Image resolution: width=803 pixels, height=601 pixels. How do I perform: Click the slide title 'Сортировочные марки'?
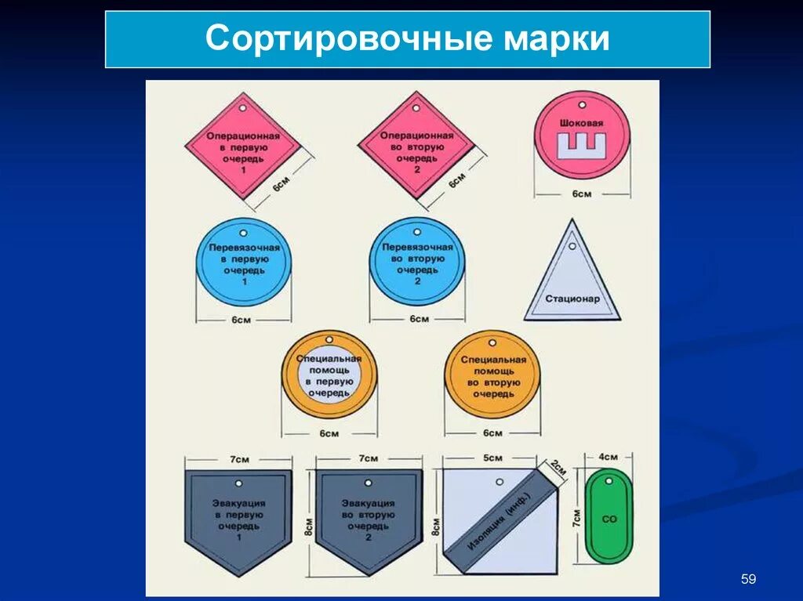pos(407,39)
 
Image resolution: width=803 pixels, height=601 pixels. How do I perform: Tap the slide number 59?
pos(748,579)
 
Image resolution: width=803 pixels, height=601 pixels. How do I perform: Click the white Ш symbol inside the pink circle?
pos(582,146)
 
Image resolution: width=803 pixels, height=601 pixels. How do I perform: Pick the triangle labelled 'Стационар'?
pos(572,282)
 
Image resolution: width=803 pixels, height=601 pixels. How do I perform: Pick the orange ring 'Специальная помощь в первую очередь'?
pos(329,376)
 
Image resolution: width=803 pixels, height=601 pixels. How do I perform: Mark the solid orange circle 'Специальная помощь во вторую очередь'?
pos(492,376)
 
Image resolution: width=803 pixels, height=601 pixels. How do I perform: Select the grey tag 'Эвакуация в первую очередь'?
pos(238,517)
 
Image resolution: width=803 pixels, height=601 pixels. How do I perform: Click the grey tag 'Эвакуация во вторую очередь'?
pos(369,517)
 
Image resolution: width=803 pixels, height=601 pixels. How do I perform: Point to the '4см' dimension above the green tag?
pos(609,457)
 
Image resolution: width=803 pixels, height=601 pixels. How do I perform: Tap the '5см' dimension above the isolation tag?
pos(492,458)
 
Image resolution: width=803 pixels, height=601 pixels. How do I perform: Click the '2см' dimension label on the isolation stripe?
pos(557,468)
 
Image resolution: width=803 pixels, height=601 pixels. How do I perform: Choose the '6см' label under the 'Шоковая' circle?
pos(581,194)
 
